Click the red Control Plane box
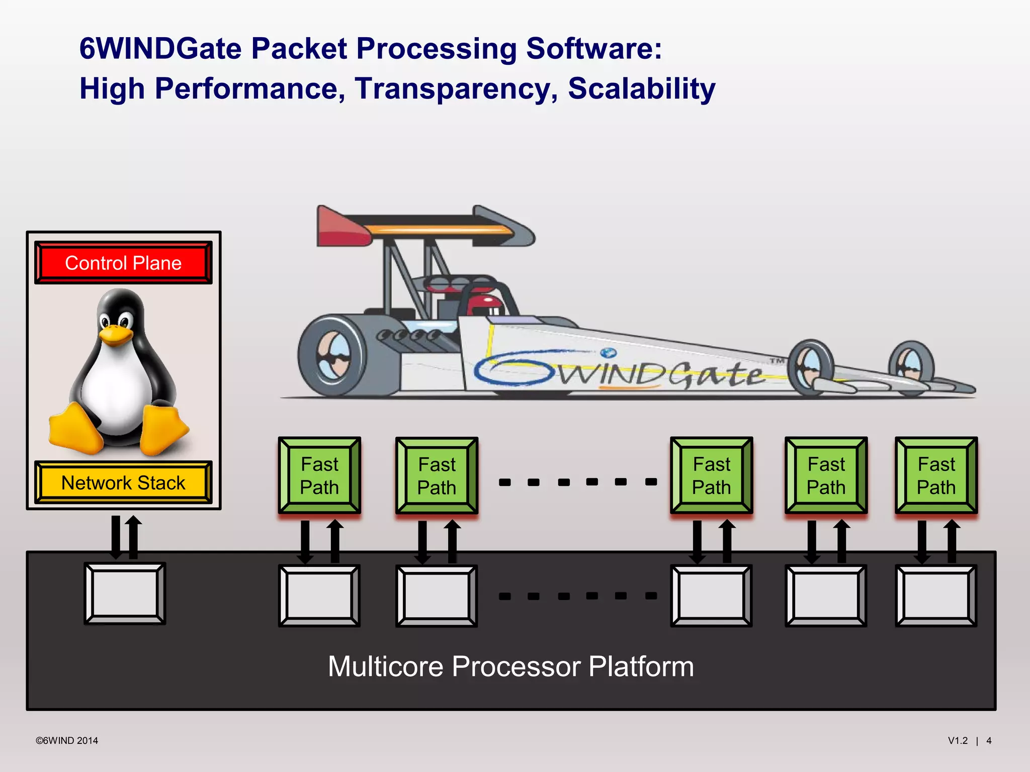point(123,263)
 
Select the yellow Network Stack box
point(123,482)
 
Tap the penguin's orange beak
point(115,335)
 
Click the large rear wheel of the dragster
point(332,355)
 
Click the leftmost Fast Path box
point(319,475)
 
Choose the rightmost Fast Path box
point(936,475)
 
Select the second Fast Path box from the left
point(437,475)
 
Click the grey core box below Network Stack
point(125,593)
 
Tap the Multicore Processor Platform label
point(510,666)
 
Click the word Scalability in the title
point(641,88)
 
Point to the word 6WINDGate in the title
point(160,49)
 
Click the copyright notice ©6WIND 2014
point(67,740)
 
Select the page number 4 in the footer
point(989,740)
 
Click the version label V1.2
point(958,740)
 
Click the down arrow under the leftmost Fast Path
point(305,542)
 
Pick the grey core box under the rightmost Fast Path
point(936,596)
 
